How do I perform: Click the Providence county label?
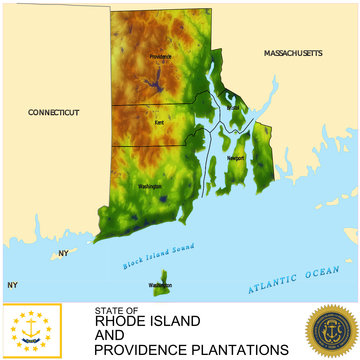pyautogui.click(x=160, y=56)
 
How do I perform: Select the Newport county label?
pyautogui.click(x=236, y=158)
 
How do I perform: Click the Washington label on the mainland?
pyautogui.click(x=151, y=186)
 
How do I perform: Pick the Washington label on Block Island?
pyautogui.click(x=160, y=286)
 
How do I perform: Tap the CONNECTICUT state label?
pyautogui.click(x=54, y=112)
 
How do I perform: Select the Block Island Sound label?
pyautogui.click(x=157, y=257)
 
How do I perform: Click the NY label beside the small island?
pyautogui.click(x=63, y=253)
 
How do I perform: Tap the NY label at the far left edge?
pyautogui.click(x=12, y=285)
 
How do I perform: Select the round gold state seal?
pyautogui.click(x=331, y=331)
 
